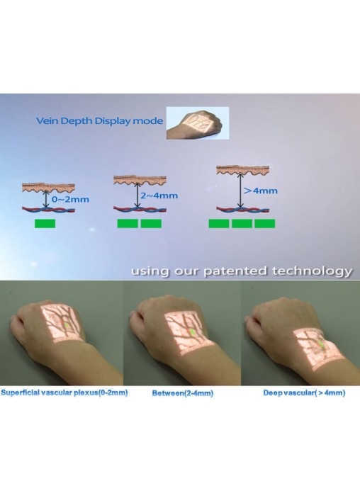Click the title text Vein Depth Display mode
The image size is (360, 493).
pos(99,121)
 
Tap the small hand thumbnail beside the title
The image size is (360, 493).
pos(198,123)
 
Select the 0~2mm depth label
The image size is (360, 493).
pos(70,199)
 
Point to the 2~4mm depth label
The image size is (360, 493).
pos(159,195)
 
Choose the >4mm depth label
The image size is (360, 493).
pos(261,191)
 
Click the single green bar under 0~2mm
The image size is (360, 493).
pos(45,224)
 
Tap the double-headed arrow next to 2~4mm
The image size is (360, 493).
pos(137,195)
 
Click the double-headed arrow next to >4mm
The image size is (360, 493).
pos(240,191)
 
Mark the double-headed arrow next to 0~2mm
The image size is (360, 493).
pos(46,199)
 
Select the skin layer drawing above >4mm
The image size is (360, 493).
pos(242,170)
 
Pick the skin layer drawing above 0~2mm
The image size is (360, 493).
pos(48,188)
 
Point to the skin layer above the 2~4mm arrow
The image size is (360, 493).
pos(140,180)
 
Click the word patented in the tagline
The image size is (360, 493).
pos(235,271)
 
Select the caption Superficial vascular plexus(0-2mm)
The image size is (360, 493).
pos(64,392)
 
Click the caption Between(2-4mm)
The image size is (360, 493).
pos(183,393)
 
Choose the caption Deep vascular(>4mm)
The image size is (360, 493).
pos(304,392)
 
